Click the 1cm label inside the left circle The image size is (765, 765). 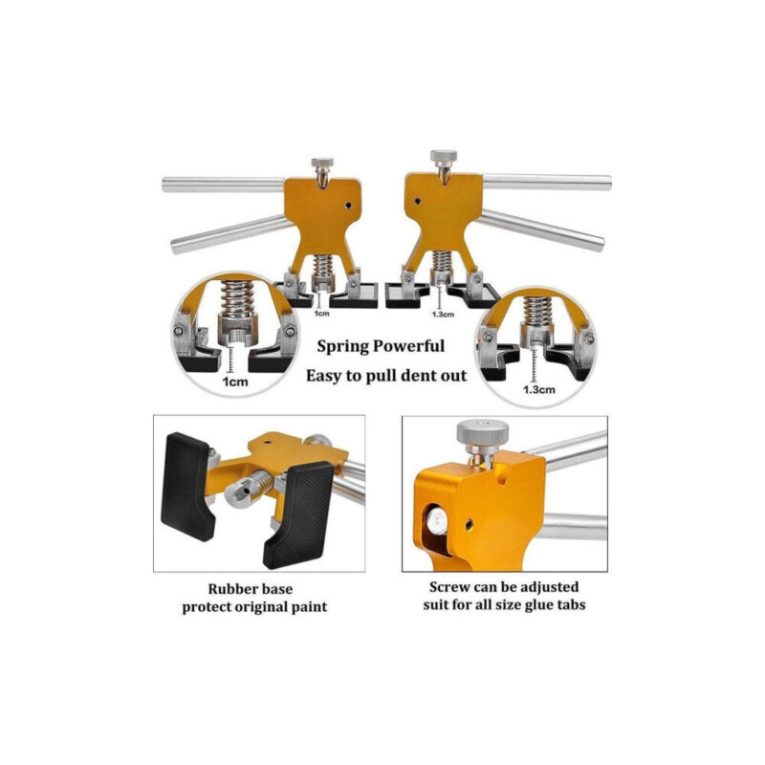click(235, 382)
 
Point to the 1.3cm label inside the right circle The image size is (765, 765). click(538, 389)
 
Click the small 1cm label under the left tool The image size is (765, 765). click(321, 313)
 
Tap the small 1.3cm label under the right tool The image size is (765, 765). click(443, 315)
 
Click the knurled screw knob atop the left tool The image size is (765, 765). click(322, 162)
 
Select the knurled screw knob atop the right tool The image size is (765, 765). click(444, 156)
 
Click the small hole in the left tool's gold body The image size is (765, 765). click(348, 206)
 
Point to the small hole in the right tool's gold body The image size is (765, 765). click(418, 201)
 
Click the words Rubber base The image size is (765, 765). click(251, 589)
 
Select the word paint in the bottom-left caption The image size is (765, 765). click(307, 607)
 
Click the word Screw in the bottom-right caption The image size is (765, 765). click(448, 586)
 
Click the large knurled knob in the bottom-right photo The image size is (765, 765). click(483, 432)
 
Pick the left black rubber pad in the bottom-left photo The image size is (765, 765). click(188, 487)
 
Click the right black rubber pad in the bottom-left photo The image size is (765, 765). click(298, 515)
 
